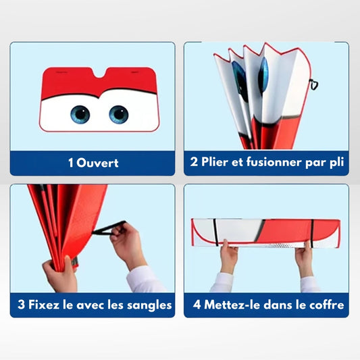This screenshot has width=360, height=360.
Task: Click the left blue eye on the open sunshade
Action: click(x=80, y=114)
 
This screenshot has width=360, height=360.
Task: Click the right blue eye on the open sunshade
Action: click(x=118, y=114)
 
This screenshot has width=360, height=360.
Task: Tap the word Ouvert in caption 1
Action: click(x=97, y=163)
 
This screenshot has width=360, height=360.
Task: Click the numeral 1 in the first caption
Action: click(x=71, y=163)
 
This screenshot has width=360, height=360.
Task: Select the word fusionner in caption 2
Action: click(x=274, y=162)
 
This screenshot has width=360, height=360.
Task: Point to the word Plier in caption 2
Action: click(x=215, y=162)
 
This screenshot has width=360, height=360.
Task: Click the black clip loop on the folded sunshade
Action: click(x=313, y=84)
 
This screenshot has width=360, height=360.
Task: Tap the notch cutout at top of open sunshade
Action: click(x=99, y=72)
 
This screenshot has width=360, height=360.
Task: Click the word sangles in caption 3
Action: click(x=149, y=305)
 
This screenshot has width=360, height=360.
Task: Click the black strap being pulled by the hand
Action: click(x=109, y=228)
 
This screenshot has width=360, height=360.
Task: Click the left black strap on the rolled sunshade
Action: click(x=215, y=232)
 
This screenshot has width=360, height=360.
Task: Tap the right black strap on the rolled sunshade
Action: click(x=312, y=233)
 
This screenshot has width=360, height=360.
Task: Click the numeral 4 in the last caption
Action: click(x=197, y=305)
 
